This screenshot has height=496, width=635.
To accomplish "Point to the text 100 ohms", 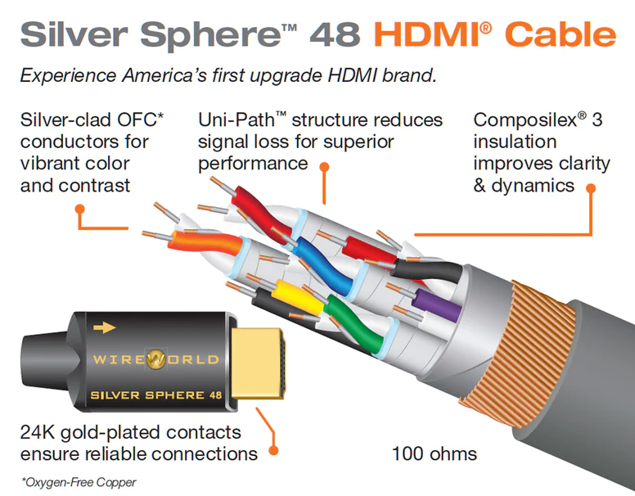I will point(434,453).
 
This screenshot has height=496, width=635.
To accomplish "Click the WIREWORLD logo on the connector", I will point(155,359).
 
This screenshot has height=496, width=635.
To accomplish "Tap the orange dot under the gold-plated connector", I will point(273,450).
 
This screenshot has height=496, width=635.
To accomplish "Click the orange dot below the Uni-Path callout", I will point(325,167).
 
